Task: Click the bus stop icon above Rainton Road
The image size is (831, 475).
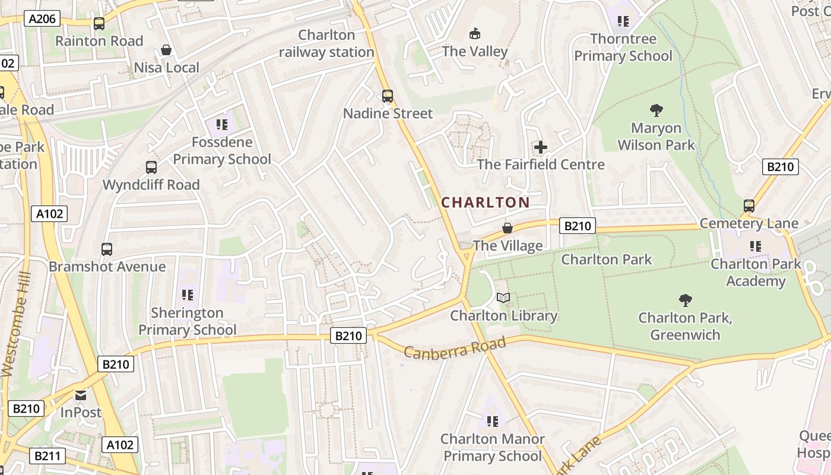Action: pyautogui.click(x=99, y=24)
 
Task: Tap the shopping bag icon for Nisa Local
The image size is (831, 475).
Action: pyautogui.click(x=166, y=50)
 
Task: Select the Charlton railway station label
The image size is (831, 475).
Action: pyautogui.click(x=326, y=43)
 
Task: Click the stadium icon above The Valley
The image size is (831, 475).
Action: pyautogui.click(x=474, y=34)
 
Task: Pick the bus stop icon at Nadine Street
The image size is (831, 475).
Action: pyautogui.click(x=388, y=96)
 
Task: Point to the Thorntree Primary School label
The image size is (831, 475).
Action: pyautogui.click(x=623, y=47)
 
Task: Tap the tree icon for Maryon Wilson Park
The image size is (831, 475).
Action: pyautogui.click(x=656, y=110)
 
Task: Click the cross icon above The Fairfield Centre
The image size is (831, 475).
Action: pyautogui.click(x=541, y=147)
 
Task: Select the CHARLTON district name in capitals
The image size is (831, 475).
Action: pyautogui.click(x=486, y=202)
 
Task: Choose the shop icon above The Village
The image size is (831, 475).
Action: pyautogui.click(x=508, y=228)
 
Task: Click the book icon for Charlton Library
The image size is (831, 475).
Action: pyautogui.click(x=503, y=297)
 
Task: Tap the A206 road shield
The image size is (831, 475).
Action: pyautogui.click(x=43, y=19)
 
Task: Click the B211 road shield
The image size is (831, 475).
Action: pyautogui.click(x=46, y=456)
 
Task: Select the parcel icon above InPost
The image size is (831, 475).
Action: pyautogui.click(x=80, y=395)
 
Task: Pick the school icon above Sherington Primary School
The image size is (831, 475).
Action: pyautogui.click(x=188, y=294)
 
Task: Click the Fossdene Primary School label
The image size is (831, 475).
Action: pyautogui.click(x=222, y=151)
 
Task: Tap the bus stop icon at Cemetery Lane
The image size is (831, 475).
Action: pyautogui.click(x=749, y=206)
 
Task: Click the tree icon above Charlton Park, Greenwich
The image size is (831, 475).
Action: pyautogui.click(x=685, y=300)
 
